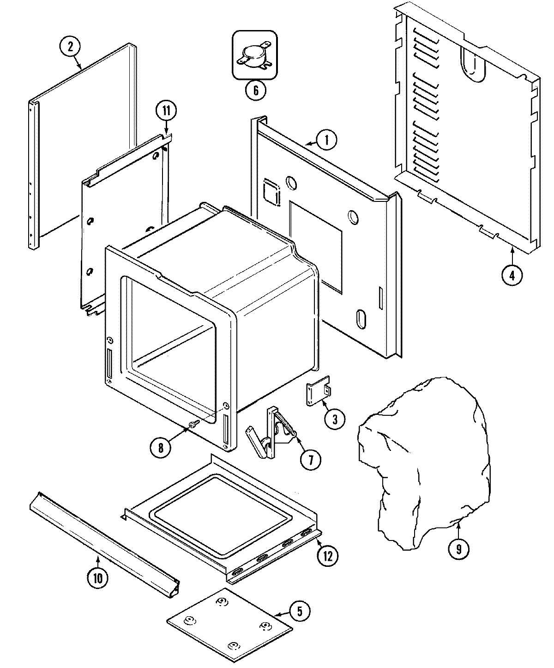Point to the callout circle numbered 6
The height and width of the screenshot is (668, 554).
pyautogui.click(x=255, y=90)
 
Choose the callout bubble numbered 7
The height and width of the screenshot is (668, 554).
pyautogui.click(x=310, y=460)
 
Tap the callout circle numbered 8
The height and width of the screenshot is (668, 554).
pyautogui.click(x=161, y=447)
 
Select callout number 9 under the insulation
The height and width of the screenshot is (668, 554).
pyautogui.click(x=458, y=549)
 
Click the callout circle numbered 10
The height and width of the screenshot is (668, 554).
pyautogui.click(x=98, y=578)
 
